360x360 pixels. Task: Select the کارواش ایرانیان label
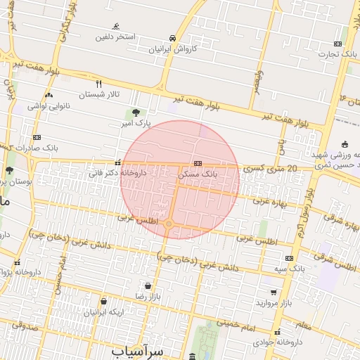pos(173,50)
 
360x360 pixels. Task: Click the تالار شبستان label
pos(99,94)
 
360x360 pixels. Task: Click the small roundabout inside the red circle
pos(169,224)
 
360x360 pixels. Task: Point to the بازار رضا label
pos(148,297)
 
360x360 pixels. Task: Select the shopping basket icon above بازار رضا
pos(148,285)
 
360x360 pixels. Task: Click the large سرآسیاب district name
pos(136,349)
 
